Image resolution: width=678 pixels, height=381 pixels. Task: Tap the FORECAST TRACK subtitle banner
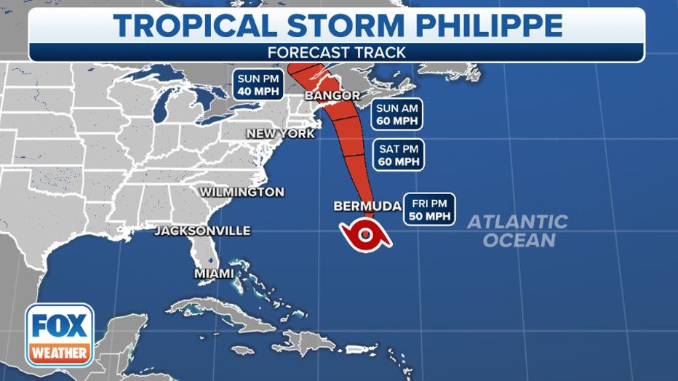336,52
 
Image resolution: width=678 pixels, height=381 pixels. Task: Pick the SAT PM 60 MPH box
398,155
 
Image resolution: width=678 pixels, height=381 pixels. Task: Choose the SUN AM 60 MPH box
397,114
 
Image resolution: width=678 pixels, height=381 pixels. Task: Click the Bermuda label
367,206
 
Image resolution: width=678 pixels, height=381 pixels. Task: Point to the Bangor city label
332,95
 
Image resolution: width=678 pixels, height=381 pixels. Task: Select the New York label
281,134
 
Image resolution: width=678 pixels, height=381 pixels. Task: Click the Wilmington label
242,192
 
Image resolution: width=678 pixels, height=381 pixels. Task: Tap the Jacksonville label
202,231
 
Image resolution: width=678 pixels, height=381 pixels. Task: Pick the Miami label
214,273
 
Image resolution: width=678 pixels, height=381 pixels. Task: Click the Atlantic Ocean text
517,230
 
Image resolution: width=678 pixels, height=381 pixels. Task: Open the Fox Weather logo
60,334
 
